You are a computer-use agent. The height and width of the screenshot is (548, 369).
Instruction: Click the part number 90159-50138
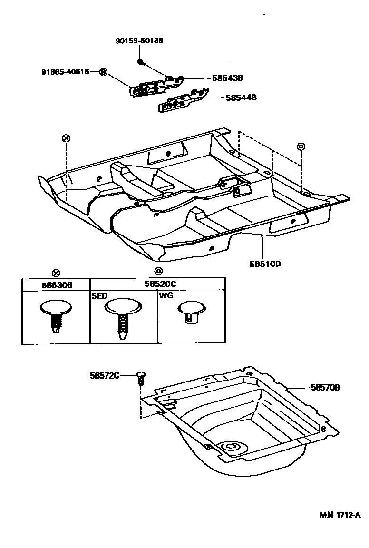pos(139,41)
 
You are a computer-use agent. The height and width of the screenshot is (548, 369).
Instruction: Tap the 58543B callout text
pos(228,78)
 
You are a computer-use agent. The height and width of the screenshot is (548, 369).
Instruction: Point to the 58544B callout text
pos(241,98)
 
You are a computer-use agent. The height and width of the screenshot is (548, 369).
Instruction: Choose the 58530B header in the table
pos(56,285)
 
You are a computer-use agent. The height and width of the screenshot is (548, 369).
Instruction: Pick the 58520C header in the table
pos(157,285)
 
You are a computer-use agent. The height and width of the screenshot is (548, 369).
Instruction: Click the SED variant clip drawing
pos(123,316)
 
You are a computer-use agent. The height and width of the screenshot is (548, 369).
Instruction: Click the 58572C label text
pos(104,375)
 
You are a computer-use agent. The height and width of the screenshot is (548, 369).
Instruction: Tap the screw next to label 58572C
pos(141,379)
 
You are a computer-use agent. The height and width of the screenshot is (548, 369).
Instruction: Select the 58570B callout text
pos(325,388)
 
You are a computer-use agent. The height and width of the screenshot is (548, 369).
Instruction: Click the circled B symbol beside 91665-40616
pos(103,72)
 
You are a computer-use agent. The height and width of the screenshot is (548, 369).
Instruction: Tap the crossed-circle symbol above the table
pos(56,273)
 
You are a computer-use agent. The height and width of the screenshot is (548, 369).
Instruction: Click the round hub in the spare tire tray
pos(233,448)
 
